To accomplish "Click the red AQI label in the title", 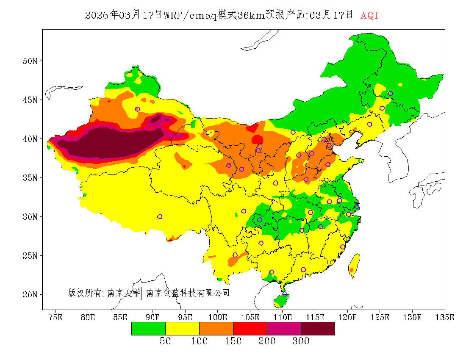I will [369, 16].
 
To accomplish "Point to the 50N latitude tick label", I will [30, 61].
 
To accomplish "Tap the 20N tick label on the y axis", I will [30, 294].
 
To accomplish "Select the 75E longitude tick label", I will [55, 317].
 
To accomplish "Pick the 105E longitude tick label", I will [250, 317].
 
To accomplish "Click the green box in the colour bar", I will [148, 328].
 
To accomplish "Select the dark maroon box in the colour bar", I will [318, 328].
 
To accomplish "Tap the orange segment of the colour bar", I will [216, 328].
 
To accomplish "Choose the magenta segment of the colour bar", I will [284, 328].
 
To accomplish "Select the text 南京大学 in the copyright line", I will [123, 293].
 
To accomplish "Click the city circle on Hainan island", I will [285, 294].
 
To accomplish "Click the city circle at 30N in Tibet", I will [160, 216].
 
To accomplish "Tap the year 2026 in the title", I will [97, 16].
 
